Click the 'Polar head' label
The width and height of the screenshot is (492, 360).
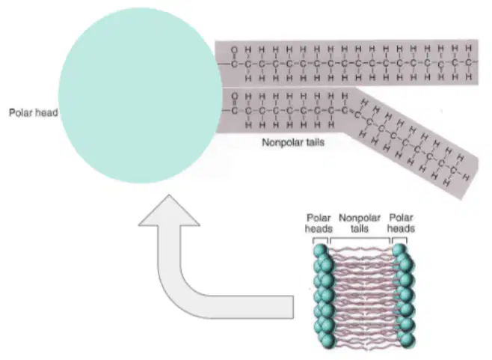[33, 112]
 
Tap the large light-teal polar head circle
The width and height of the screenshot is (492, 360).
[141, 95]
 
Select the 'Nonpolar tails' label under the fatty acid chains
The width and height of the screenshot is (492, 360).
[293, 143]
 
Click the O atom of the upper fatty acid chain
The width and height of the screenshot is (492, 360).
[234, 49]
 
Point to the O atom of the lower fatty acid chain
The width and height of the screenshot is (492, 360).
[234, 96]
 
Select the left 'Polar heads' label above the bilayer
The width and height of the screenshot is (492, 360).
[319, 223]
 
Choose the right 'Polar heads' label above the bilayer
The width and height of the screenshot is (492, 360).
[401, 223]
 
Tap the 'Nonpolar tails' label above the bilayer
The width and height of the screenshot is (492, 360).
[360, 223]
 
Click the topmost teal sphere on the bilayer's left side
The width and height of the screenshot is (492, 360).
[320, 251]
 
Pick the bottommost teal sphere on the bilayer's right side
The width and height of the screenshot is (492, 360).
[408, 341]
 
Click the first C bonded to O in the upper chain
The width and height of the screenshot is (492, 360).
[234, 64]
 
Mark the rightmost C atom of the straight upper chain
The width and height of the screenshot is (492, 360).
[468, 63]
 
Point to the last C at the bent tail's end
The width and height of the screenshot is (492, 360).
[453, 170]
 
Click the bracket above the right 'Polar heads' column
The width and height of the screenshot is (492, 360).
[400, 240]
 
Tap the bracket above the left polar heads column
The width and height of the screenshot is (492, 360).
[320, 240]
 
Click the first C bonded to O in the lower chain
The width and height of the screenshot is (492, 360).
[234, 111]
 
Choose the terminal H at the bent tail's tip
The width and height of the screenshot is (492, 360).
[466, 178]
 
